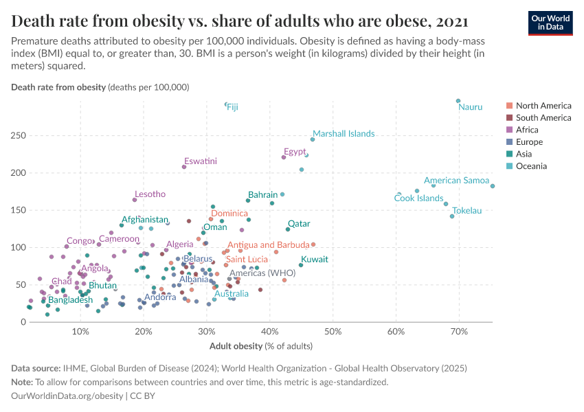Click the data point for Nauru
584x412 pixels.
pyautogui.click(x=458, y=101)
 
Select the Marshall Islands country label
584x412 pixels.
pyautogui.click(x=344, y=133)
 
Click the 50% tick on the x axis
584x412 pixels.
pyautogui.click(x=333, y=332)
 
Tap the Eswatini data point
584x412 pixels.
pyautogui.click(x=184, y=167)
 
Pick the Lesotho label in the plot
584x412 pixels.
pyautogui.click(x=150, y=194)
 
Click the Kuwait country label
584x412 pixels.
pyautogui.click(x=315, y=260)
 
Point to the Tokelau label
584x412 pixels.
pyautogui.click(x=467, y=210)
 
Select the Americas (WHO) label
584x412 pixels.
pyautogui.click(x=262, y=273)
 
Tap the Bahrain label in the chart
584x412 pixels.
pyautogui.click(x=262, y=195)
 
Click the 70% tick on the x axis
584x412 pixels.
pyautogui.click(x=459, y=332)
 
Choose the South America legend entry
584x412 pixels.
pyautogui.click(x=543, y=117)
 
